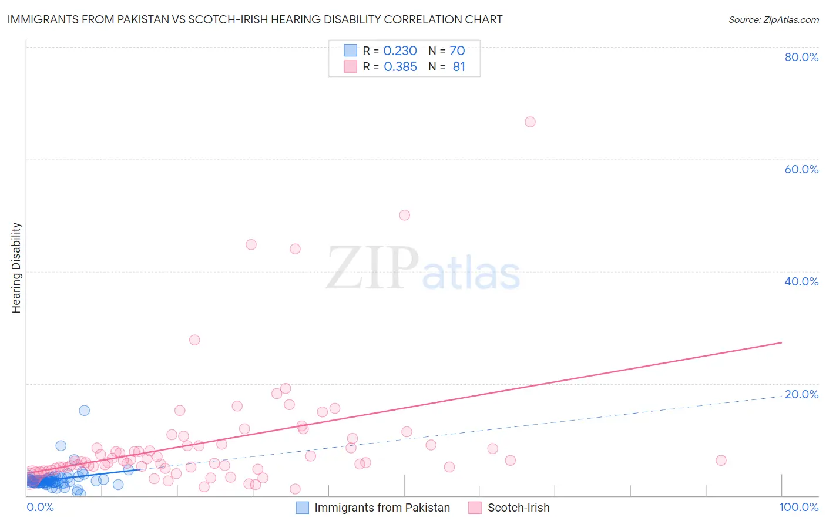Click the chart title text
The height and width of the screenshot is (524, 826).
tap(255, 19)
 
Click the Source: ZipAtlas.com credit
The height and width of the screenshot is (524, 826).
tap(773, 20)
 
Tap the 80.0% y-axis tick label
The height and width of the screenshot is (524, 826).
tap(801, 57)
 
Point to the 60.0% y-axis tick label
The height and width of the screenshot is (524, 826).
tap(801, 169)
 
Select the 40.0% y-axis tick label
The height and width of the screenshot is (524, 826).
tap(801, 281)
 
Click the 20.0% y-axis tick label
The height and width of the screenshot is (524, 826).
tap(801, 394)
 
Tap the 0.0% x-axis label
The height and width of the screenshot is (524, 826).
tap(40, 507)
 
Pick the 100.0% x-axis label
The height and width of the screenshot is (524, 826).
tap(798, 507)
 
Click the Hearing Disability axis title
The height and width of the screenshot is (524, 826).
tap(16, 268)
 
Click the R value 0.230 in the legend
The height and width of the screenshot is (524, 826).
tap(400, 51)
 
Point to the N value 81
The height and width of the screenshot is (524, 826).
tap(459, 67)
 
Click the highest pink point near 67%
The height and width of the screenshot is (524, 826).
tap(530, 122)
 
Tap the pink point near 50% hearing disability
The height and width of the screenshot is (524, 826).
tap(404, 215)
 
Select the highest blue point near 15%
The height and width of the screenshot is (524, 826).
tap(85, 411)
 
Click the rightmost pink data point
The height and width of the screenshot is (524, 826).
tap(721, 461)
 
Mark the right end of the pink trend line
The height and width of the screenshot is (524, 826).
tap(781, 342)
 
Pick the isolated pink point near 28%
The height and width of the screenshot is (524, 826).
tap(194, 340)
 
